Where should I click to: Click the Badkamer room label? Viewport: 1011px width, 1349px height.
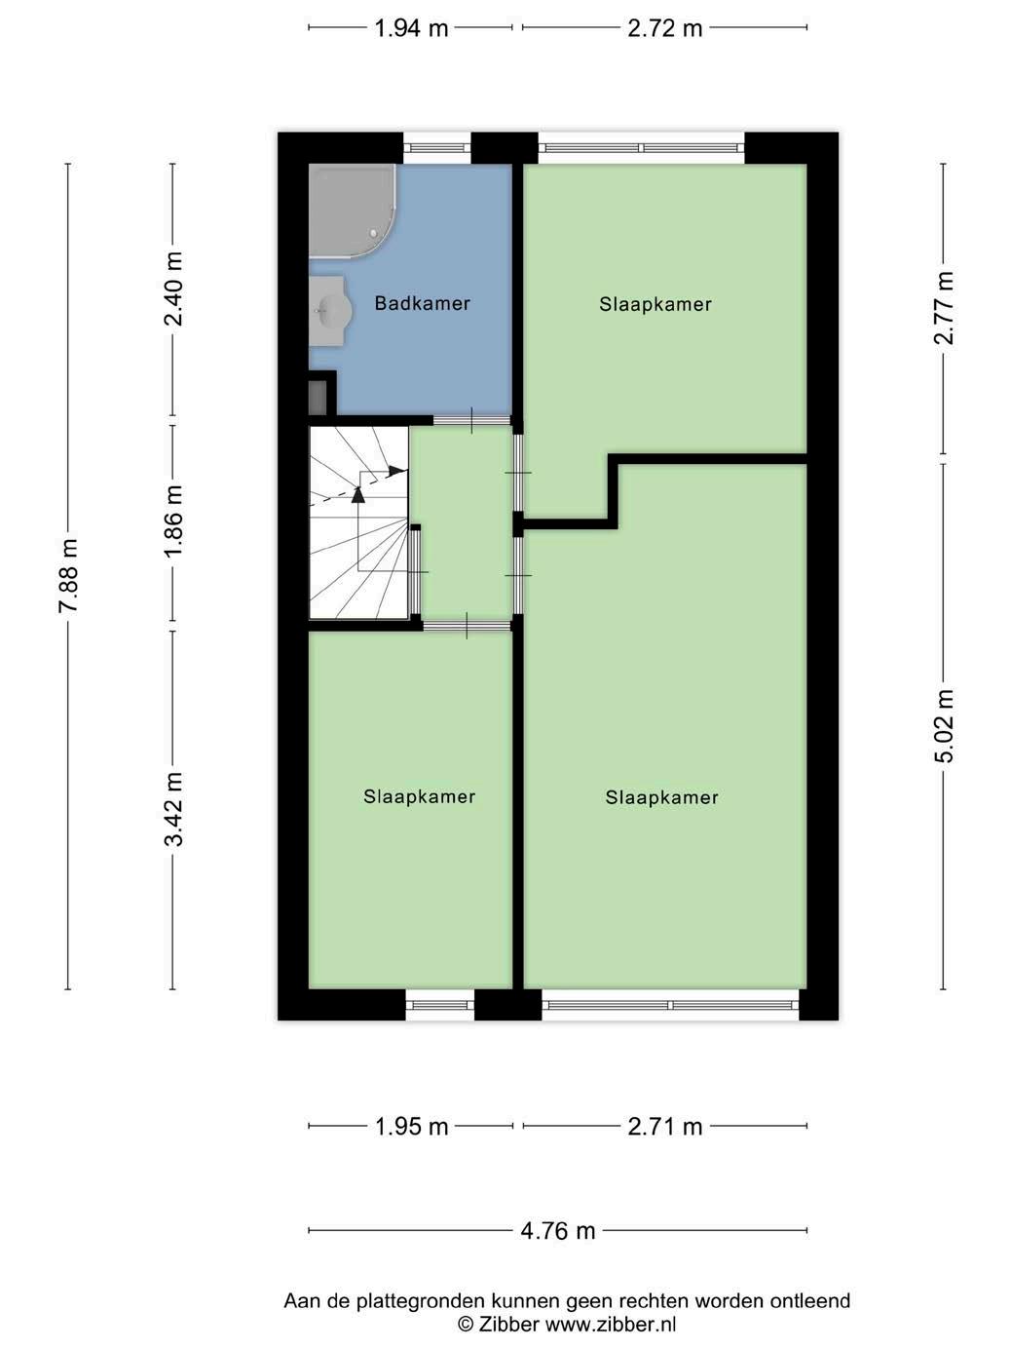tap(423, 303)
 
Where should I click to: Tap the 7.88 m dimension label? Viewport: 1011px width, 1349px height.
tap(68, 575)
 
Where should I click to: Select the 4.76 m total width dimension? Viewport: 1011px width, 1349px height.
tap(558, 1230)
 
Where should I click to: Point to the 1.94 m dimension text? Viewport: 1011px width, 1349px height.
tap(411, 28)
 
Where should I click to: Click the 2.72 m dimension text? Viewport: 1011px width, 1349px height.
tap(665, 28)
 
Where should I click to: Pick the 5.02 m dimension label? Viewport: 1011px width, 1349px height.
tap(944, 726)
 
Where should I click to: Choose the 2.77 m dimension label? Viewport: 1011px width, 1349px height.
tap(944, 307)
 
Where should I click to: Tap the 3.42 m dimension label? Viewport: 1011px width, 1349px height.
tap(173, 809)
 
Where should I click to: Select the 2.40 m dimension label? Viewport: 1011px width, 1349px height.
tap(173, 289)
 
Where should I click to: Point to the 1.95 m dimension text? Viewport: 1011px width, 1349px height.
tap(411, 1127)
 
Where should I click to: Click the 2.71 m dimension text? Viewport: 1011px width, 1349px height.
tap(665, 1127)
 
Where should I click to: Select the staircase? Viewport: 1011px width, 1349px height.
tap(358, 521)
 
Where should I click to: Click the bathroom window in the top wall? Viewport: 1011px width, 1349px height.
tap(437, 148)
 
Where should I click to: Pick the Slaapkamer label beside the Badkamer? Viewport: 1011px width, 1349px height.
tap(655, 304)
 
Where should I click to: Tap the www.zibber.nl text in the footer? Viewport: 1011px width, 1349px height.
tap(611, 1324)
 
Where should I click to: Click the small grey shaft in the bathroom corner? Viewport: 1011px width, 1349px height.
tap(318, 398)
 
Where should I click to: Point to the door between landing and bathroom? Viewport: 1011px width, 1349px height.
tap(472, 421)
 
